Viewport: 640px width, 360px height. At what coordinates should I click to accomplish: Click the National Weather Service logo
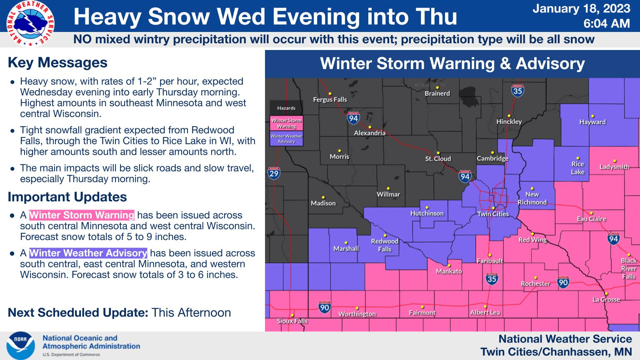pos(28,23)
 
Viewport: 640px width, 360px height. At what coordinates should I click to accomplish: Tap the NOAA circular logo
pos(20,346)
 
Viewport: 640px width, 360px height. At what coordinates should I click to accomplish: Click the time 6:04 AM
pos(606,23)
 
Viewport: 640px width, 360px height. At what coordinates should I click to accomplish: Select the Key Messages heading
pos(57,62)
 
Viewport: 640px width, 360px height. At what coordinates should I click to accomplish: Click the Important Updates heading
pos(67,197)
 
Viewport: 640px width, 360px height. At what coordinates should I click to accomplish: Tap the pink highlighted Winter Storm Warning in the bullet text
pos(82,215)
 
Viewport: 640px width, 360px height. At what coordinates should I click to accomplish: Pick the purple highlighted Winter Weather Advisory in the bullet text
pos(88,253)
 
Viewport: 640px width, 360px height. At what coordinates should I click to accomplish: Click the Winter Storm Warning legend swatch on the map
pos(286,123)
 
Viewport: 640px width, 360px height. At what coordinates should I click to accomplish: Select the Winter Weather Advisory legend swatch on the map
pos(286,139)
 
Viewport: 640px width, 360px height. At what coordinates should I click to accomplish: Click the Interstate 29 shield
pos(274,173)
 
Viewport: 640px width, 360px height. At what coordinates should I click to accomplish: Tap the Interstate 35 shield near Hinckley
pos(517,90)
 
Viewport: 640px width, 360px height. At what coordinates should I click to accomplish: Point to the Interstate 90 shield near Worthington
pos(325,307)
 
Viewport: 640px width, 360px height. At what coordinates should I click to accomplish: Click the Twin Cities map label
pos(493,214)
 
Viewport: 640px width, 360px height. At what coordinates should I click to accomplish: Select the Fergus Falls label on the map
pos(330,100)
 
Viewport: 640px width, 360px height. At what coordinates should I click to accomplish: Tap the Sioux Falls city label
pos(292,321)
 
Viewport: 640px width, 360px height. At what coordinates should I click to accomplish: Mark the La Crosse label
pos(606,300)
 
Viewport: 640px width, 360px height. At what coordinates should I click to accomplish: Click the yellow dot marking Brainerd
pos(437,87)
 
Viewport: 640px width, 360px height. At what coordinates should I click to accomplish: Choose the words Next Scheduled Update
pos(78,312)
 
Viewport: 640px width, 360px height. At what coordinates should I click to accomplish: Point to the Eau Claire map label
pos(591,219)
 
